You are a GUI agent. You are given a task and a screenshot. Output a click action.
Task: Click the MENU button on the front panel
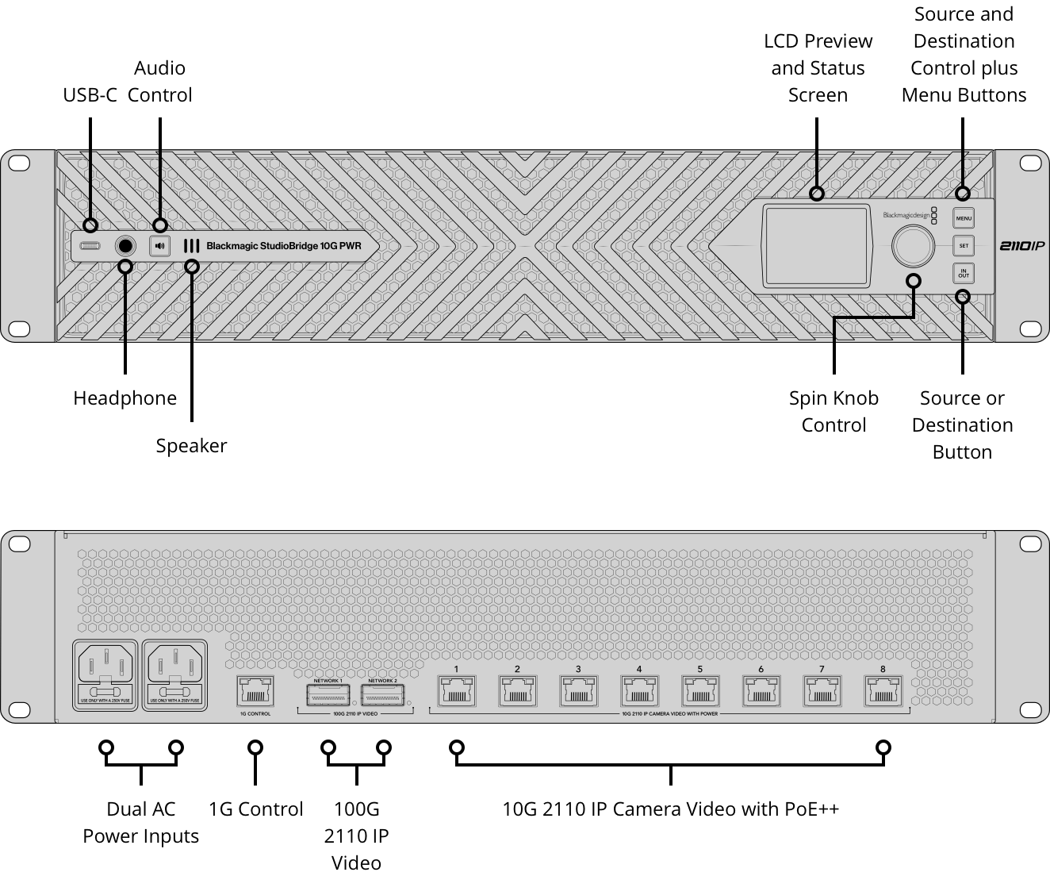963,218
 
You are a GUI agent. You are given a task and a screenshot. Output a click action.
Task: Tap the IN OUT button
963,274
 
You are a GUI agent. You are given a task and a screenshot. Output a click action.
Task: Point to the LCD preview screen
815,246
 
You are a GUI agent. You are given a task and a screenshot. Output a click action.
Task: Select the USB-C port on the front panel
90,246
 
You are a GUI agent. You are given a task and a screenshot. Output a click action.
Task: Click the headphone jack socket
125,246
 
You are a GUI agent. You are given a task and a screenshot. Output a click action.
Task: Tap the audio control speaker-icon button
160,246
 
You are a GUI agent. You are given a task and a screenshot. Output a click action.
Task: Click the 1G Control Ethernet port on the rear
255,692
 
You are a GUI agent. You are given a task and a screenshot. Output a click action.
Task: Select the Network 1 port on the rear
328,695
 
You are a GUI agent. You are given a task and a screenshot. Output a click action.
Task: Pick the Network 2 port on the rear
382,695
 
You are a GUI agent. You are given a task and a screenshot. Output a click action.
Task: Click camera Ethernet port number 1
457,692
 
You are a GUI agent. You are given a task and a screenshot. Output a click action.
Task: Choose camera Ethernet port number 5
700,692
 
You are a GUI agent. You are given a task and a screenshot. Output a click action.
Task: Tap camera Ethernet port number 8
883,692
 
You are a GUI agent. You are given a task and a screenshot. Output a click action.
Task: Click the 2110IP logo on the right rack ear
1021,246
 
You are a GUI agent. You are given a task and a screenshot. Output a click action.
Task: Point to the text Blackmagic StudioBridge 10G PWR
283,246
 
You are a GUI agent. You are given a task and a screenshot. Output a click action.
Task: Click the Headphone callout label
125,398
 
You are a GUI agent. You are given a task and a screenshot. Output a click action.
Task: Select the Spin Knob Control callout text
833,411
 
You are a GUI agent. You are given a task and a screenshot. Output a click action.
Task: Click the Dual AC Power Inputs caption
141,822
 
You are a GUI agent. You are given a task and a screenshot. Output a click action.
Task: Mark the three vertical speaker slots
191,246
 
